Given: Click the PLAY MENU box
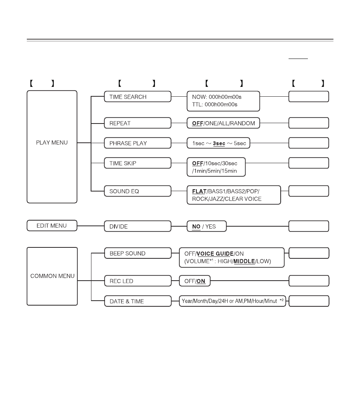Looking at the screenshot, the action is pos(52,147).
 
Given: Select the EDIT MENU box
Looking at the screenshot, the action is pos(52,225).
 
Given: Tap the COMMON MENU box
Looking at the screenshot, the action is pos(52,276).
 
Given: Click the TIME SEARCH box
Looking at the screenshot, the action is pos(138,97).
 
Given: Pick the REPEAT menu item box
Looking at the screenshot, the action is pos(138,123).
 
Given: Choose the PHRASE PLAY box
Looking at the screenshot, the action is pos(138,143).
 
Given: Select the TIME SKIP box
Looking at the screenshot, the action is pos(138,163).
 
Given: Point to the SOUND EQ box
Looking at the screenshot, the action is pos(138,191).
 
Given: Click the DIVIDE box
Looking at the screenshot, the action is pos(138,226).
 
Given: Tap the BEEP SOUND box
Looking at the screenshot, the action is pos(138,253).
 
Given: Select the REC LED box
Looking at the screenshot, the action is pos(138,281).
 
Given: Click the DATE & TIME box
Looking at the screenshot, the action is pos(138,301).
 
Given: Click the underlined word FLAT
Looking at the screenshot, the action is pos(199,192).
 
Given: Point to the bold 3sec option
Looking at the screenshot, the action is pos(219,144).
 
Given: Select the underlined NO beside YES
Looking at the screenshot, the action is pos(196,227).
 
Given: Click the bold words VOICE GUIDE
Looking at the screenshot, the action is pos(215,254).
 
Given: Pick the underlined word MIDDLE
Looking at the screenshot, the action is pos(244,261).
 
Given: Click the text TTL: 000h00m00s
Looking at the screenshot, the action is pos(215,105).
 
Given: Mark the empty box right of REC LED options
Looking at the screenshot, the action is pos(309,281).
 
